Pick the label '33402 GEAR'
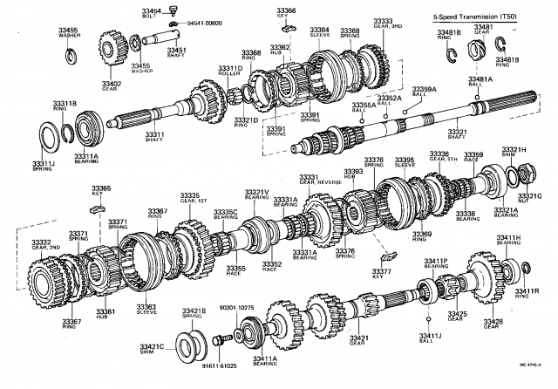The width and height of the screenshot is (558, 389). tap(111, 85)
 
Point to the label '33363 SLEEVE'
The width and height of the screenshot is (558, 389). tap(146, 310)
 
